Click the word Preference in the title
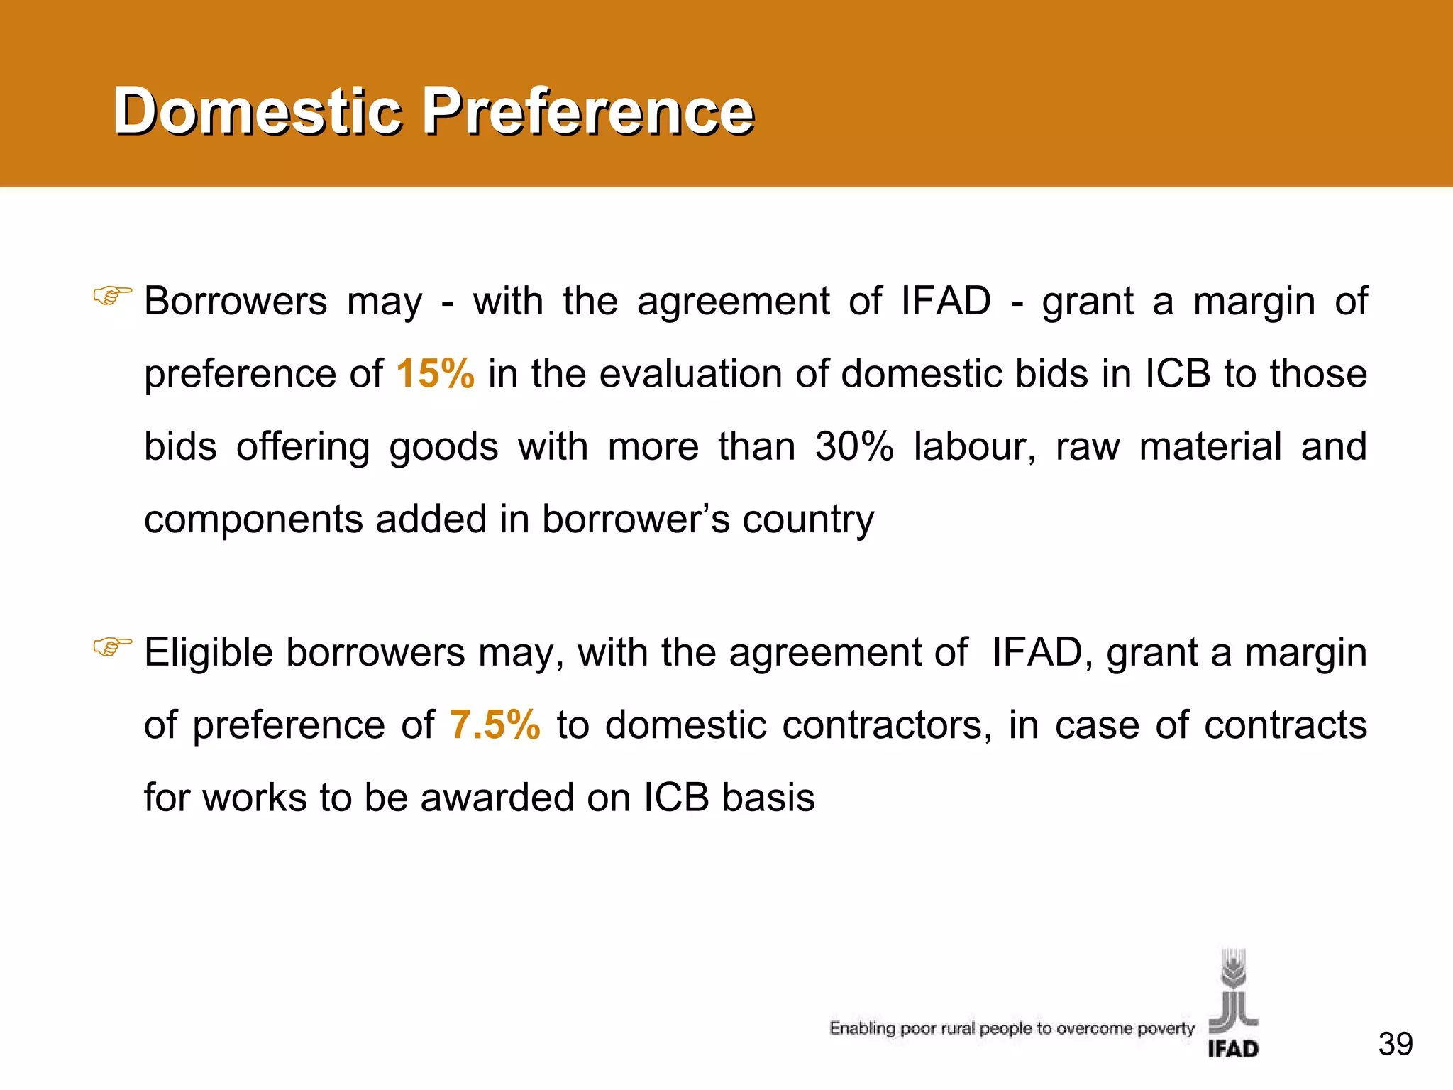tap(588, 111)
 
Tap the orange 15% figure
tap(435, 373)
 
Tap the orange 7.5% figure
tap(495, 725)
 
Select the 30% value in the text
tap(854, 446)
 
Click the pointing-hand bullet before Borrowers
tap(112, 295)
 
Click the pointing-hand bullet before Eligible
tap(112, 646)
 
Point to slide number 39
tap(1395, 1044)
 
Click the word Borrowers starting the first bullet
tap(236, 301)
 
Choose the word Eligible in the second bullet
tap(209, 653)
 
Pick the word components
tap(253, 520)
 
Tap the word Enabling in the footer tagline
tap(862, 1028)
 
